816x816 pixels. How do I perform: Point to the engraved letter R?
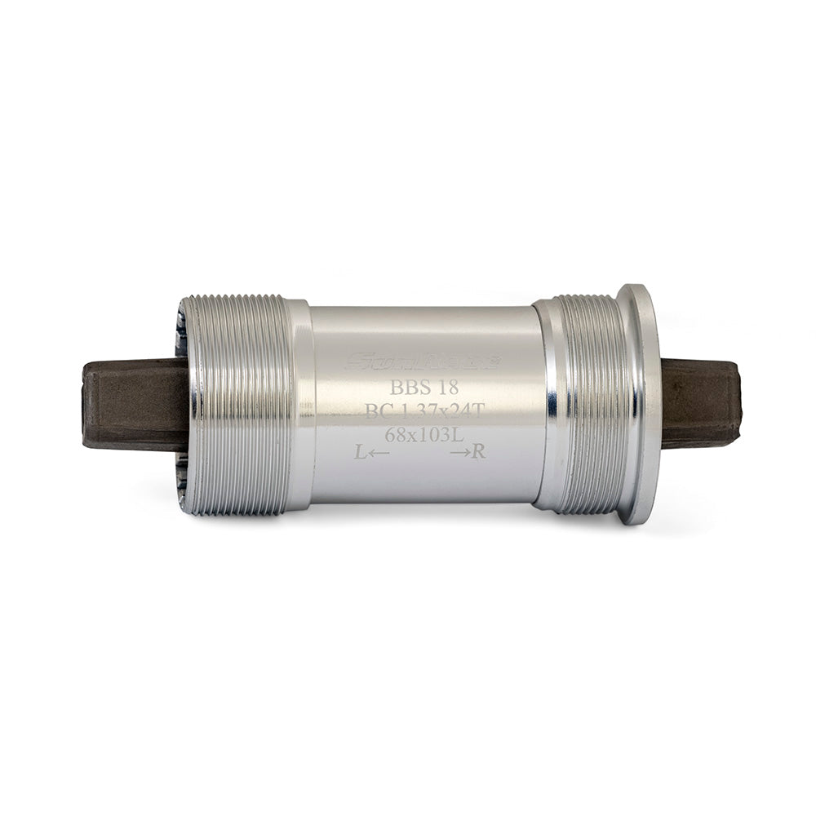click(x=479, y=452)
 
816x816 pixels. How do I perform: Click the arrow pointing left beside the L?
click(x=379, y=454)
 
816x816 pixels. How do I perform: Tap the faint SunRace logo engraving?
click(x=422, y=361)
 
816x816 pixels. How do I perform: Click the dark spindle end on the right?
click(x=700, y=405)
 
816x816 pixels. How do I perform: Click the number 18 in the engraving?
click(x=446, y=388)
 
